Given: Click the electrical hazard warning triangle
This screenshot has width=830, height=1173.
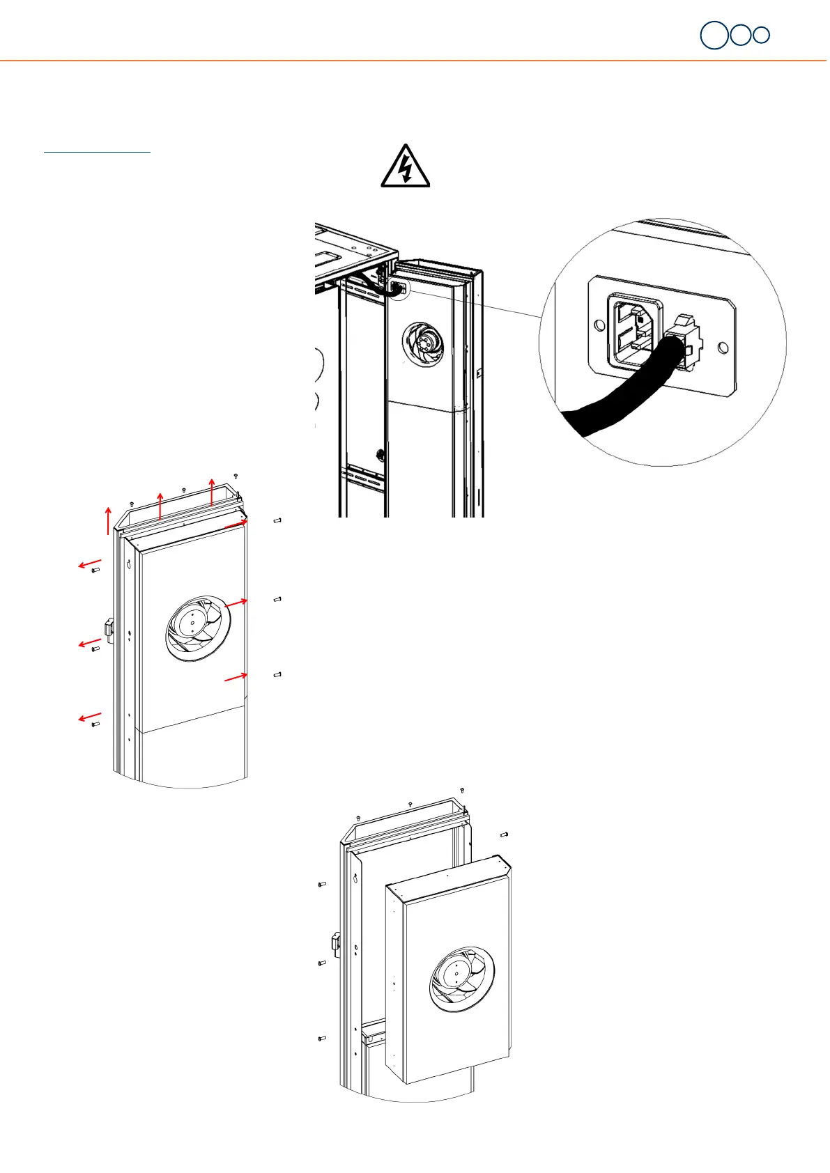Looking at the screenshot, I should pyautogui.click(x=405, y=167).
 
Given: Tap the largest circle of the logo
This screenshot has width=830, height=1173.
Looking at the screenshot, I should pyautogui.click(x=714, y=36).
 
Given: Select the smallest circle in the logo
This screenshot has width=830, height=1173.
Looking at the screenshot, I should pyautogui.click(x=762, y=35).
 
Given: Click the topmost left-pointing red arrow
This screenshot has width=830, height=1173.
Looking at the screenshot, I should pyautogui.click(x=90, y=564).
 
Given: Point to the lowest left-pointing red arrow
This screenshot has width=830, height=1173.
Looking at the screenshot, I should pyautogui.click(x=90, y=717).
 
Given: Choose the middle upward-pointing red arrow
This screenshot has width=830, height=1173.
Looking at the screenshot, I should pyautogui.click(x=160, y=506).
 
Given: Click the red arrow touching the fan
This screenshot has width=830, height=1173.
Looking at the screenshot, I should pyautogui.click(x=236, y=603).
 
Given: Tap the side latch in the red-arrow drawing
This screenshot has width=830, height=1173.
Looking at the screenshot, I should pyautogui.click(x=109, y=628).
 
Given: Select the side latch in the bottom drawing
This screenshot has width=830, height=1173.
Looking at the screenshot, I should pyautogui.click(x=336, y=944).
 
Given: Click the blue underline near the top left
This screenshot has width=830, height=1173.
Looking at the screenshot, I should pyautogui.click(x=98, y=150).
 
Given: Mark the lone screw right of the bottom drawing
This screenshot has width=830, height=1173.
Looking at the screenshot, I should pyautogui.click(x=505, y=834).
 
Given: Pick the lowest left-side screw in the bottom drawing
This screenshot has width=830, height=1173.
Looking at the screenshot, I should pyautogui.click(x=321, y=1039).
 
